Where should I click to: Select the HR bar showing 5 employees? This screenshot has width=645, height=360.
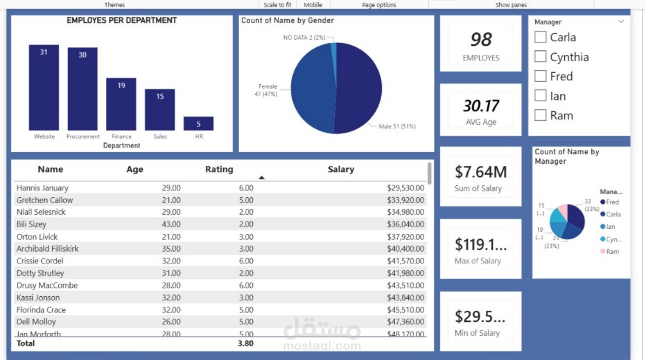pyautogui.click(x=198, y=124)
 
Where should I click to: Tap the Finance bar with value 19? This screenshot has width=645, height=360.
pyautogui.click(x=121, y=104)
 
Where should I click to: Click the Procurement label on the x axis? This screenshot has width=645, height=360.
pyautogui.click(x=83, y=137)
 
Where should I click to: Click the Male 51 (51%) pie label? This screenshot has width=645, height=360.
pyautogui.click(x=397, y=127)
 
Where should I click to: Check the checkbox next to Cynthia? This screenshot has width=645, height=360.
pyautogui.click(x=541, y=57)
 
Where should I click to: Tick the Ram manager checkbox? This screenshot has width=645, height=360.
pyautogui.click(x=541, y=115)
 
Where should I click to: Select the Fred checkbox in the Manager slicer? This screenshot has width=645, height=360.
pyautogui.click(x=541, y=76)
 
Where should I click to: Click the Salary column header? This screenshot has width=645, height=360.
pyautogui.click(x=341, y=170)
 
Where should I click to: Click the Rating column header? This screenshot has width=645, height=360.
pyautogui.click(x=219, y=170)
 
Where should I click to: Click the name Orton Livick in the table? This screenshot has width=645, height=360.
pyautogui.click(x=37, y=237)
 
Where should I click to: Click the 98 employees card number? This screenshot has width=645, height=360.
pyautogui.click(x=481, y=40)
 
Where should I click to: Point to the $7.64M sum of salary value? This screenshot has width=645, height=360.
pyautogui.click(x=481, y=172)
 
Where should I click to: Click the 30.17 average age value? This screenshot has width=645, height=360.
pyautogui.click(x=481, y=106)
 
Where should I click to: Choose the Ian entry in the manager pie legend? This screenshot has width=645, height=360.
pyautogui.click(x=610, y=227)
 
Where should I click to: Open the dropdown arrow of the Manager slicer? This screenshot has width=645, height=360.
pyautogui.click(x=621, y=21)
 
